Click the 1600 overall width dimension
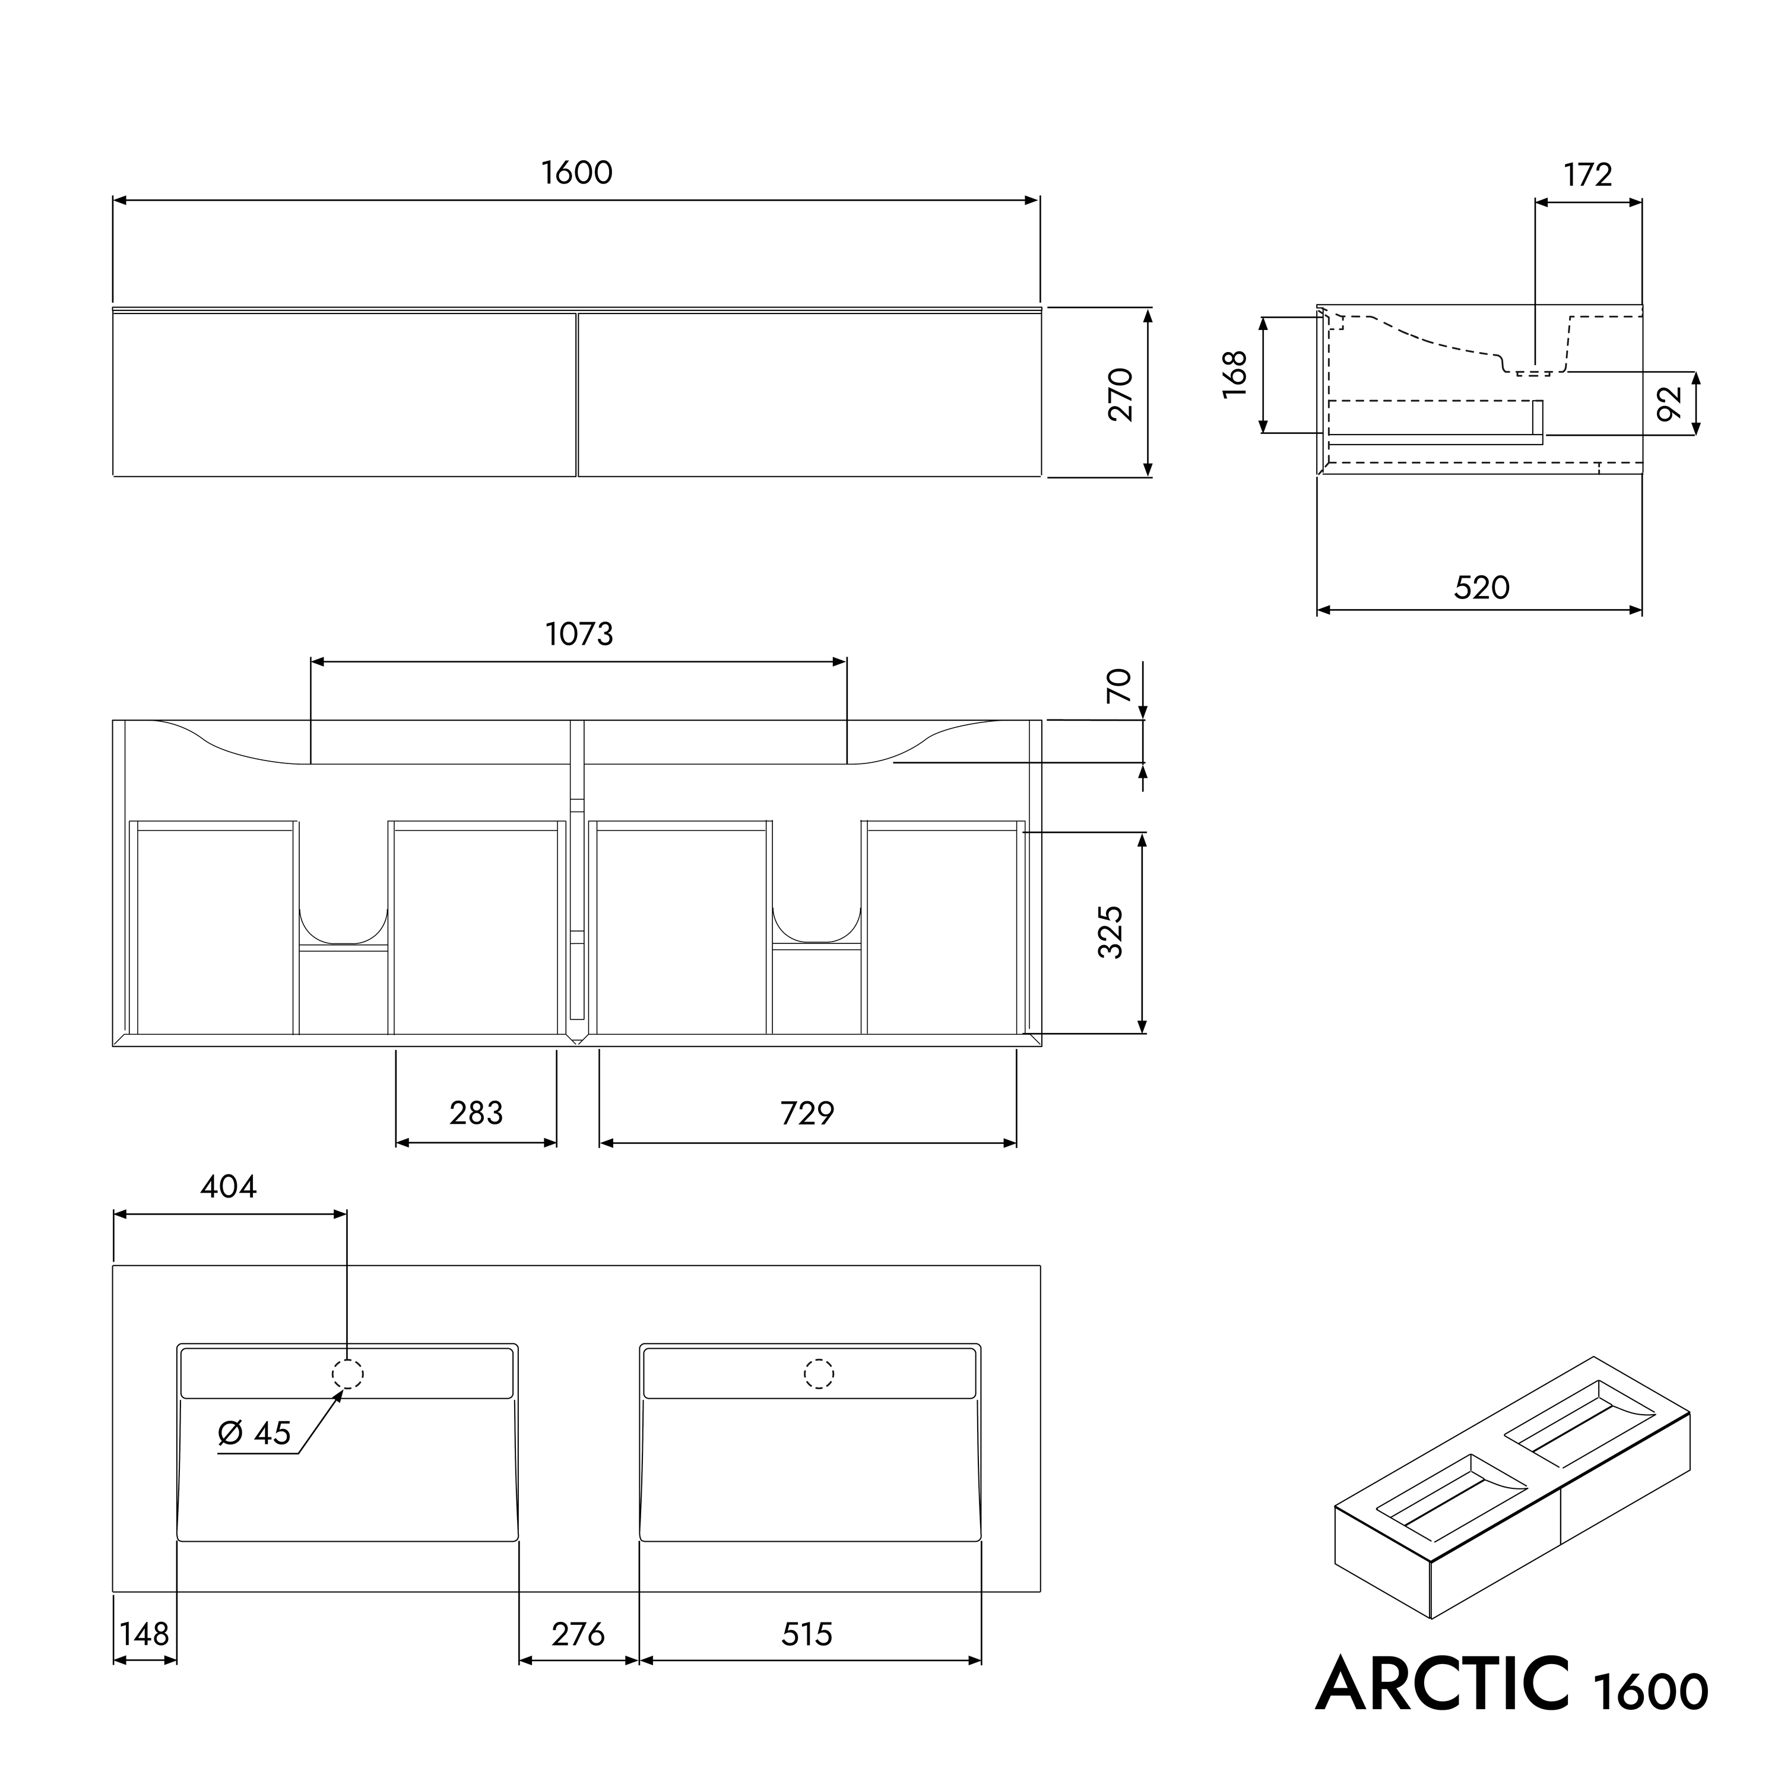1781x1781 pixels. [576, 172]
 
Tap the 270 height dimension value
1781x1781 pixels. [1121, 395]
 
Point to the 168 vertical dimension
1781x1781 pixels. [1234, 374]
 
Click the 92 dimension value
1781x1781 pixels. [1669, 403]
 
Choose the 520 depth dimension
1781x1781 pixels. [1481, 587]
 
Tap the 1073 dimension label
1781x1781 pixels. [579, 633]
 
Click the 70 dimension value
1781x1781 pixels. [1118, 686]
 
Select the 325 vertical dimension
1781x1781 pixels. [1111, 932]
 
